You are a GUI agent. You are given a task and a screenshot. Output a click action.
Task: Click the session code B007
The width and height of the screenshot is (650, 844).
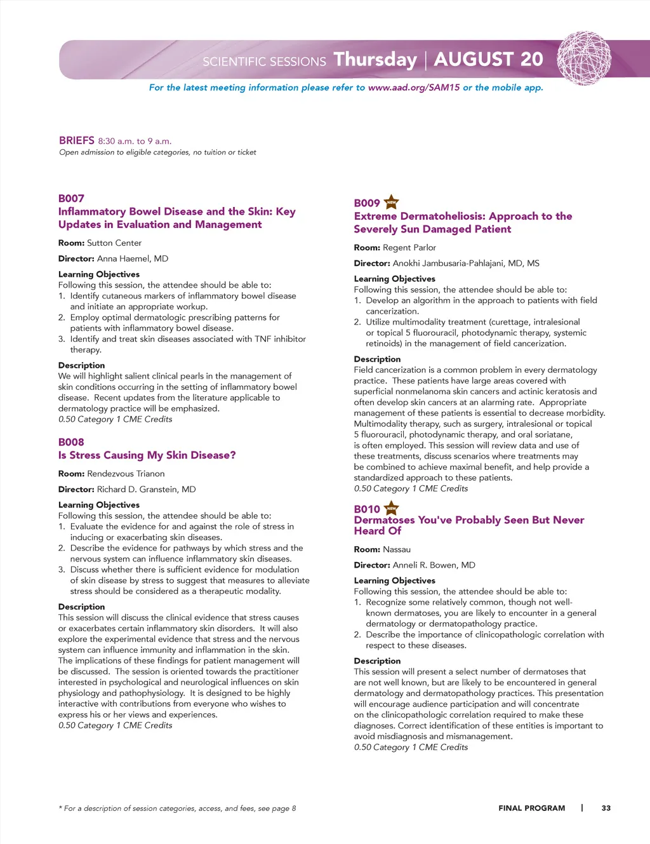(x=71, y=198)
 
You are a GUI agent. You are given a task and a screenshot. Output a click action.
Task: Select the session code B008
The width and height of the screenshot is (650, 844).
(x=71, y=442)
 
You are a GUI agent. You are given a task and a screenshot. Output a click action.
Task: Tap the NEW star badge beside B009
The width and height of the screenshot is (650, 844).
(x=392, y=203)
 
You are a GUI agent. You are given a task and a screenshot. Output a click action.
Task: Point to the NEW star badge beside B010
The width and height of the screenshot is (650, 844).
(x=392, y=508)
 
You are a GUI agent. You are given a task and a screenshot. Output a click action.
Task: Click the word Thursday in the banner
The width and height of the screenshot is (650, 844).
(x=375, y=60)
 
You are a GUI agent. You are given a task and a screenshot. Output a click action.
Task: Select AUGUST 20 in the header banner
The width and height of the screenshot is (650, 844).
(x=488, y=59)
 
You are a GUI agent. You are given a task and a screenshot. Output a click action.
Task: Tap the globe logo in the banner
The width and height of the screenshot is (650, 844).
(x=584, y=58)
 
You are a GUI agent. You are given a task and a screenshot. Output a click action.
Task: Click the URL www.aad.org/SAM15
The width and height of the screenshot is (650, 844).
(x=413, y=88)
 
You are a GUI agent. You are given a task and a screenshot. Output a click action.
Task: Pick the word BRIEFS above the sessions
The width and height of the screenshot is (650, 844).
(x=76, y=140)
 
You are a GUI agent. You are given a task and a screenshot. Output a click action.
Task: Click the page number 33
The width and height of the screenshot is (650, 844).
(x=606, y=808)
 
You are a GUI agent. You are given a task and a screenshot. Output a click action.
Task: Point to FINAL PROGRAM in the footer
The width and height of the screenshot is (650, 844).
(x=531, y=808)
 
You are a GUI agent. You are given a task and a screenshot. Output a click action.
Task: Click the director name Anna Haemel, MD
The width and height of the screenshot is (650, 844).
(x=133, y=258)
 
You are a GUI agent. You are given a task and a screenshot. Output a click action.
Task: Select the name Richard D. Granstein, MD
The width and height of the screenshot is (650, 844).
(x=146, y=489)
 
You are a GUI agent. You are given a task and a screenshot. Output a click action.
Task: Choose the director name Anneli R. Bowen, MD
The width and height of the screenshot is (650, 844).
(x=434, y=565)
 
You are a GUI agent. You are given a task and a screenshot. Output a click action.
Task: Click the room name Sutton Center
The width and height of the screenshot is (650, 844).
(x=114, y=243)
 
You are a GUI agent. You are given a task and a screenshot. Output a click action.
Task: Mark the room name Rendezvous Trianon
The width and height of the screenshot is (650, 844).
(x=126, y=473)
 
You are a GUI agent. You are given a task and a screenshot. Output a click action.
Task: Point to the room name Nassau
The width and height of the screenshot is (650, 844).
(x=397, y=549)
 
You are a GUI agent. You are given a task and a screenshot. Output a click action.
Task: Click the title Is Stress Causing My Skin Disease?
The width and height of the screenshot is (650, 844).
(x=147, y=455)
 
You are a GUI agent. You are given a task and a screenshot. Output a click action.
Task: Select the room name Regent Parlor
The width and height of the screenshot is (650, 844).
(x=409, y=247)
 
